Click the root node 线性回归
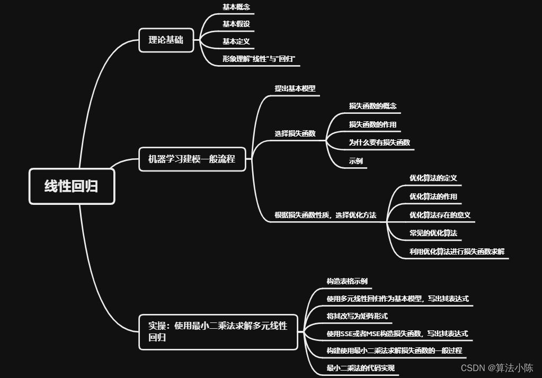(x=72, y=186)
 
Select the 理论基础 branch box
(x=166, y=40)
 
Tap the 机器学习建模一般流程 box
(x=192, y=159)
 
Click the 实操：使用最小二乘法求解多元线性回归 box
(x=218, y=331)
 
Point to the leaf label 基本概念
(x=236, y=7)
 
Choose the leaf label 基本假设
(x=236, y=24)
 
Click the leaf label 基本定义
(x=236, y=41)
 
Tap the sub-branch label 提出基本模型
(x=295, y=89)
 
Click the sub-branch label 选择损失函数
(x=295, y=133)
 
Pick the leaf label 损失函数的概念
(x=372, y=106)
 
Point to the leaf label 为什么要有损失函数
(x=379, y=142)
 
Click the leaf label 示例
(x=356, y=161)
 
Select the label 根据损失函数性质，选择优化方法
(x=325, y=215)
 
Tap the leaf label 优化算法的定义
(x=433, y=178)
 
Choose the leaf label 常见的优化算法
(x=433, y=233)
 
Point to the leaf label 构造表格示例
(x=346, y=281)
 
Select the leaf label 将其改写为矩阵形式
(x=357, y=316)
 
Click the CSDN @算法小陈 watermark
(x=496, y=368)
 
